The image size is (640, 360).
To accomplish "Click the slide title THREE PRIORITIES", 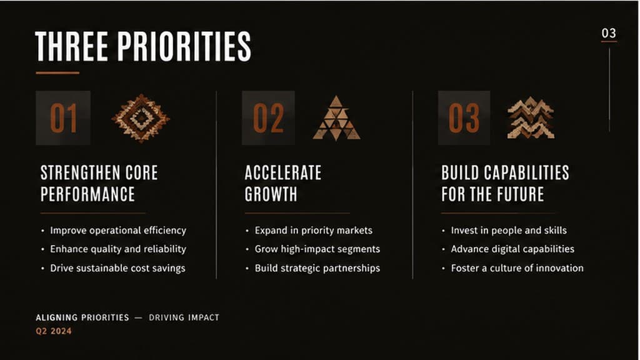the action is point(143,46).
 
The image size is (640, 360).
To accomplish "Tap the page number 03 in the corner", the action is point(609,33).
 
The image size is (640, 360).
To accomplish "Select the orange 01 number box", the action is point(63,118).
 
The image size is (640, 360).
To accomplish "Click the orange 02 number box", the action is point(268,118).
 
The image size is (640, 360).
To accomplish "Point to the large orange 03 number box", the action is point(464,118).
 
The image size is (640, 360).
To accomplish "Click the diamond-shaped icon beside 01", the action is point(141,118).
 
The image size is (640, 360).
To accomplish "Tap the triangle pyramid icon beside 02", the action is point(336,118).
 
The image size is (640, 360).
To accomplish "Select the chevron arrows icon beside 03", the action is point(531,117).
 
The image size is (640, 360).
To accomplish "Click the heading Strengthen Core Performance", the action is point(99,183).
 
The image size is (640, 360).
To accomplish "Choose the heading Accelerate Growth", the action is point(283,183).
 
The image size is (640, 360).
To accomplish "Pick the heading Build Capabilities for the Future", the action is point(505,183).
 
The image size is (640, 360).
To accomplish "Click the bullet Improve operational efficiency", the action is point(118,231).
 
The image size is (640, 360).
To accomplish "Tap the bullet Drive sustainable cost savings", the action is point(117,268).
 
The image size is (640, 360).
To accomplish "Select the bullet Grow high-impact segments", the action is point(317,249).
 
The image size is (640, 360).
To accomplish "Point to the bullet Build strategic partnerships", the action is point(317,268).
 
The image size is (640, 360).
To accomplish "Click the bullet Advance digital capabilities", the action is point(512,249).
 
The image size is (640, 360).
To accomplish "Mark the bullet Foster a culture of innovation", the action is point(517,268).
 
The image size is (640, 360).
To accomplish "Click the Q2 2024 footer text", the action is point(54,331).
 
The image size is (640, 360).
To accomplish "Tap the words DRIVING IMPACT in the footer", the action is point(184,317).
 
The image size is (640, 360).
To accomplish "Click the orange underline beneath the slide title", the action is point(57,73).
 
